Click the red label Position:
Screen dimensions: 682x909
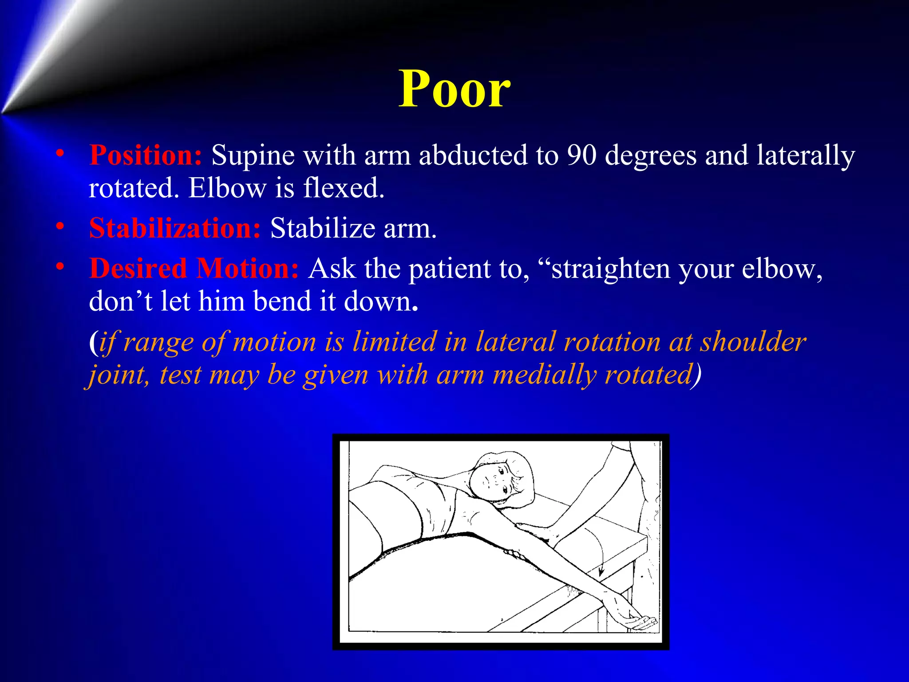click(x=146, y=155)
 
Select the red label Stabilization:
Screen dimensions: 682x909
click(x=175, y=228)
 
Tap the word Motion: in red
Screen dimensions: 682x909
click(x=247, y=269)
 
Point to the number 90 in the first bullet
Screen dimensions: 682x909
click(x=581, y=155)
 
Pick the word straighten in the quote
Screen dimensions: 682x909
click(x=610, y=270)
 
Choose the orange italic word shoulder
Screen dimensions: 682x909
click(x=753, y=342)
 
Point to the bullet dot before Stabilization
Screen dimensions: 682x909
click(x=60, y=227)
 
